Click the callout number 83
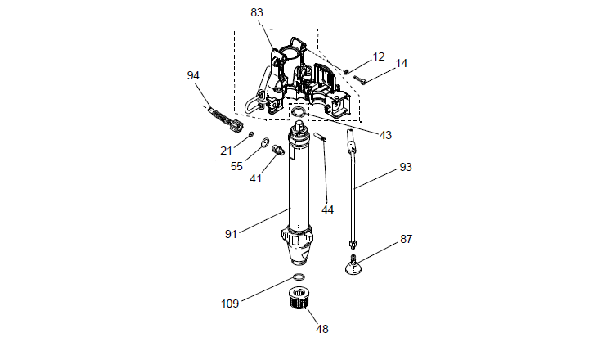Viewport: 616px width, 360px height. pos(257,12)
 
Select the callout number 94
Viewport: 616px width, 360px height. pos(193,75)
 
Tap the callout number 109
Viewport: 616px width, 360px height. pos(230,304)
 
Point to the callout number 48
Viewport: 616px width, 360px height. pos(322,329)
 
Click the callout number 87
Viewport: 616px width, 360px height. pos(407,239)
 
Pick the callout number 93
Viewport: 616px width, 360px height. pos(406,167)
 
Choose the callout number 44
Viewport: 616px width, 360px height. pos(328,210)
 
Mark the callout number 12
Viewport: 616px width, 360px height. pos(378,57)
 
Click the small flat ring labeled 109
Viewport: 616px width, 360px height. pos(299,277)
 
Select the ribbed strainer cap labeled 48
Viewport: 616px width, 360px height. pos(300,299)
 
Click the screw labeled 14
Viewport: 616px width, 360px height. pos(360,79)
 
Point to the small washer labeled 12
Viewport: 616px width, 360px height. pos(347,71)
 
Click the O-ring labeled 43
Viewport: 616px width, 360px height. pos(298,112)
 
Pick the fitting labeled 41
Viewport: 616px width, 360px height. pos(278,150)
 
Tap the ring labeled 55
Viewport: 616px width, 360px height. pos(265,142)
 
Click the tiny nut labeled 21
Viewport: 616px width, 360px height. pos(250,135)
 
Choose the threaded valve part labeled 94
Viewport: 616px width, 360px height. pos(226,120)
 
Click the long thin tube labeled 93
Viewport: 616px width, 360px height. pos(352,189)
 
